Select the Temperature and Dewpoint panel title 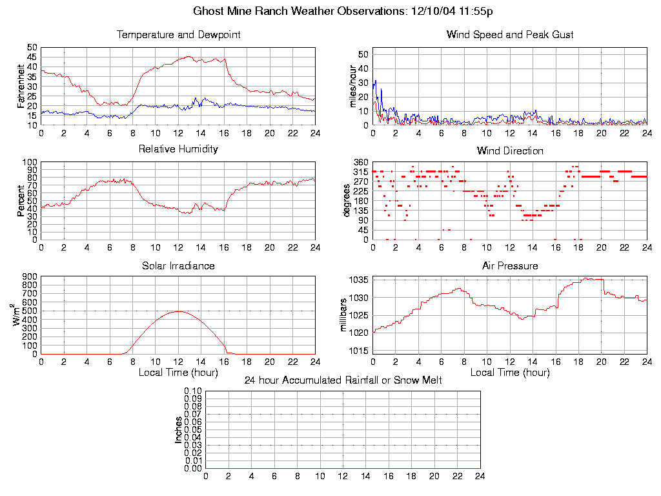(178, 35)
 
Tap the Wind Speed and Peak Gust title (510, 35)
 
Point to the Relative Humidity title (178, 149)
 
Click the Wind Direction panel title (510, 151)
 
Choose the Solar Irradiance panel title (178, 265)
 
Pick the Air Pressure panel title (510, 265)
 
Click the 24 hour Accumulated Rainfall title (343, 380)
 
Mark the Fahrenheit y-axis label (22, 86)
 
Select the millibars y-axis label (344, 315)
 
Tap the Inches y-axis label (178, 429)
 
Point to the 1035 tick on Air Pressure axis (359, 280)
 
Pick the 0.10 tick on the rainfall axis (193, 391)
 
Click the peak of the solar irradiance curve (178, 311)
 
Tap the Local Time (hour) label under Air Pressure (510, 373)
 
